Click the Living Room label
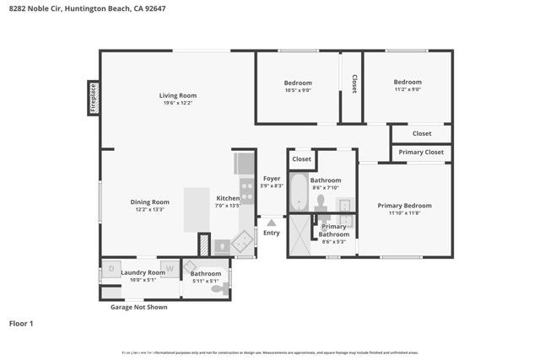click(178, 95)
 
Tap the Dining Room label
click(149, 201)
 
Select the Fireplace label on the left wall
click(93, 97)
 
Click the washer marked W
click(169, 269)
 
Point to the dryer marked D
click(111, 270)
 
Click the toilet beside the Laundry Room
click(218, 288)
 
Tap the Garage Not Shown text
click(138, 307)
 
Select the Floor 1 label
click(20, 323)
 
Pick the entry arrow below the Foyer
click(272, 223)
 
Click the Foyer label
click(272, 178)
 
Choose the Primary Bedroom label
click(404, 206)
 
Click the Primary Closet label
click(421, 153)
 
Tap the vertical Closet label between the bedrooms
click(354, 83)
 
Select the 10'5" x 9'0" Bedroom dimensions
click(298, 90)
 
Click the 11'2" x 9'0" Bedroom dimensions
click(407, 89)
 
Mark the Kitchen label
click(228, 198)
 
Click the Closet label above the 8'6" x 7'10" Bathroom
click(301, 159)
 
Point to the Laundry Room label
click(143, 272)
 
